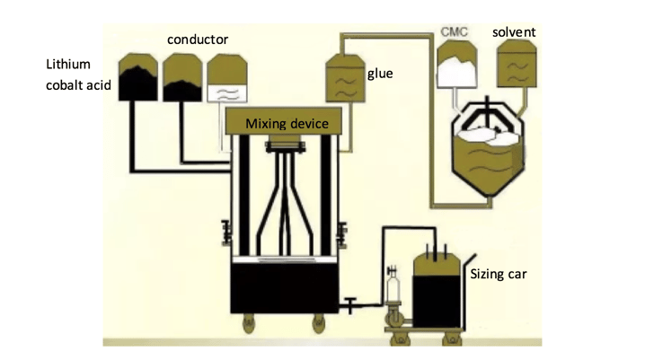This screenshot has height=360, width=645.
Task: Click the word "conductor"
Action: coord(198,40)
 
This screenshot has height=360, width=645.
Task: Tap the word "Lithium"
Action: coord(67,66)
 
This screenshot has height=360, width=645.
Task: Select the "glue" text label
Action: coord(380,73)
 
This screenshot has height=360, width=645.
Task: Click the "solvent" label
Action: coord(514,32)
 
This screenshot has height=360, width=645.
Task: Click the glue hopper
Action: coord(343,75)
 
